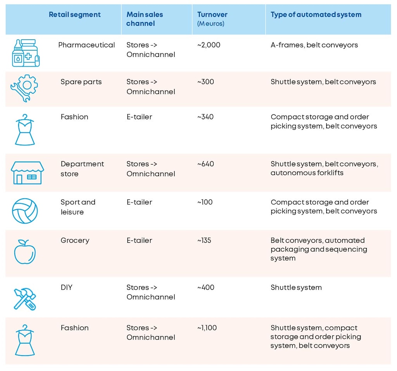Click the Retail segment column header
pos(74,15)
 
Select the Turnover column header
pos(212,15)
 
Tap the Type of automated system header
pos(316,15)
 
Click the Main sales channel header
pos(145,19)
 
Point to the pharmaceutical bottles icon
pos(26,53)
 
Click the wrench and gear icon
pos(24,88)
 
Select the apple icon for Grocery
pos(25,252)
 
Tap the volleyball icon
pos(25,211)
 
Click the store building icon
pos(27,172)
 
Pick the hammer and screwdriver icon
pos(25,299)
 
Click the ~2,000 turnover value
pos(209,45)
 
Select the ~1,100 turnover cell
pos(207,328)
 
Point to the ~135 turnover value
pos(204,240)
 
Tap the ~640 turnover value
pos(205,164)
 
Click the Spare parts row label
pos(81,82)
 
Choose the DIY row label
pos(66,287)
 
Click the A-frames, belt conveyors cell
pos(314,45)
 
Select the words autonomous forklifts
pos(307,173)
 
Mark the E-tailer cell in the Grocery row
pos(139,240)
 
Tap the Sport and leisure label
pos(78,207)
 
